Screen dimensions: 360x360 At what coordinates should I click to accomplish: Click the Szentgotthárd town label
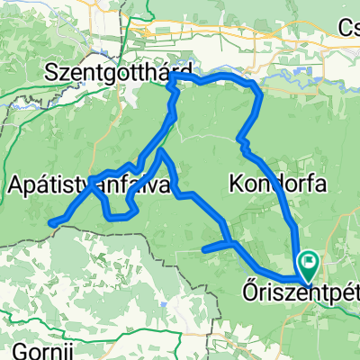click(121, 70)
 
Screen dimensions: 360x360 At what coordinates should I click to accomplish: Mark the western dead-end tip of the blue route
click(50, 223)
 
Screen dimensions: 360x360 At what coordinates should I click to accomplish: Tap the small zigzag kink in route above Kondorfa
click(241, 139)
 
